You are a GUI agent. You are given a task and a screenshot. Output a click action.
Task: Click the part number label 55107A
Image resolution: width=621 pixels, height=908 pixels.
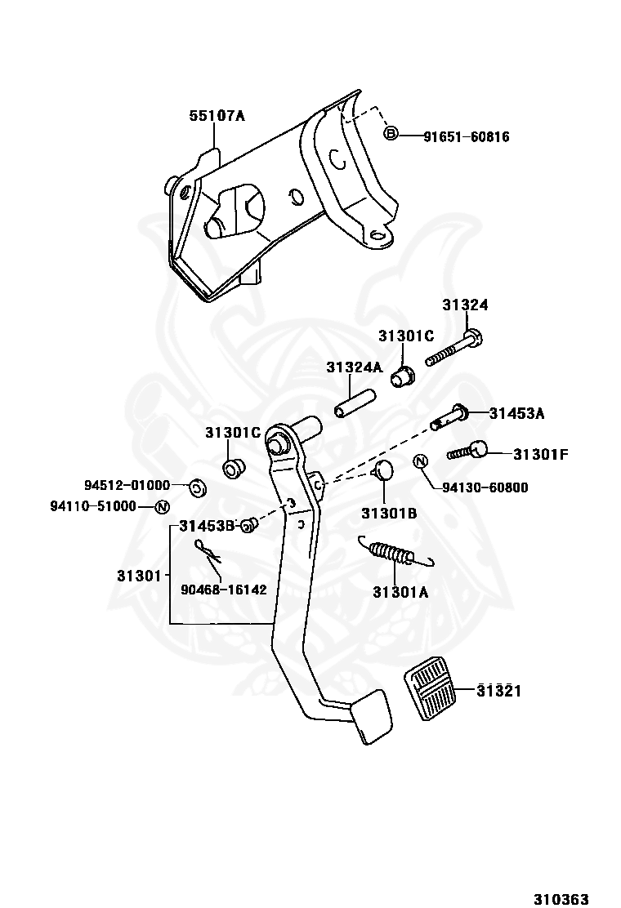pyautogui.click(x=217, y=116)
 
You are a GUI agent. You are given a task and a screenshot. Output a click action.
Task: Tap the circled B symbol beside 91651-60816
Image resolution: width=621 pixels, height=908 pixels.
pyautogui.click(x=391, y=135)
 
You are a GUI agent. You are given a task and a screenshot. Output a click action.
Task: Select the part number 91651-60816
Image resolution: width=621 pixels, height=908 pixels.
pyautogui.click(x=467, y=137)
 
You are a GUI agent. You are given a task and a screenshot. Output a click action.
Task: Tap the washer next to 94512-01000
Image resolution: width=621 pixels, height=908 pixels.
pyautogui.click(x=198, y=488)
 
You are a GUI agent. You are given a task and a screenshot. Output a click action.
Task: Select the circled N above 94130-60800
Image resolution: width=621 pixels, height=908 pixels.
pyautogui.click(x=421, y=461)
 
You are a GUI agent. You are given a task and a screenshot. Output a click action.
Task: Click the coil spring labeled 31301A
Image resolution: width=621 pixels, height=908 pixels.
pyautogui.click(x=395, y=552)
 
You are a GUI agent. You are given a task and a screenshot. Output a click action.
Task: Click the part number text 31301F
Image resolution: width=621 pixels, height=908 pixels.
pyautogui.click(x=540, y=455)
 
